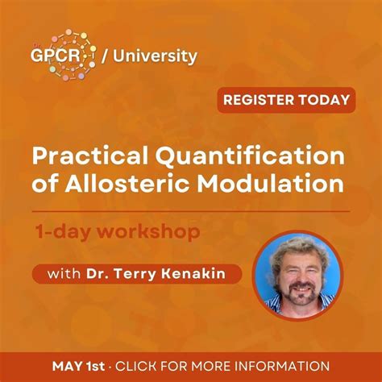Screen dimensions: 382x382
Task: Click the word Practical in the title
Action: (x=85, y=155)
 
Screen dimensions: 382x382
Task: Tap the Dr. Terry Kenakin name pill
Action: (x=137, y=274)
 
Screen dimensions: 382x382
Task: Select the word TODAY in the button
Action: (x=324, y=101)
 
